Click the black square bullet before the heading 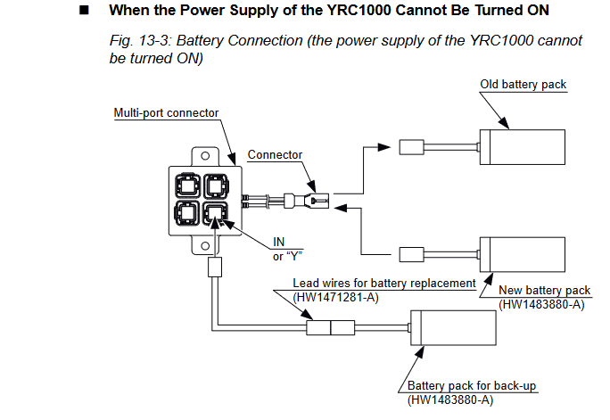[x=85, y=12]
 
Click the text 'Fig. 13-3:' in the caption [x=137, y=41]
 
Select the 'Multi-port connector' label [x=167, y=113]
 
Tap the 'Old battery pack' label [x=523, y=85]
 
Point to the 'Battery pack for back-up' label [x=459, y=386]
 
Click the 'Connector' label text [x=275, y=154]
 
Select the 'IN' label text [x=278, y=242]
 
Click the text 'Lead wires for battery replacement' [x=384, y=284]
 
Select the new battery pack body [x=523, y=253]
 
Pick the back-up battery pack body [x=453, y=328]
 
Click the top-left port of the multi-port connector [x=190, y=186]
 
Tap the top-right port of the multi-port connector [x=217, y=186]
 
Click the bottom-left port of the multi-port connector [x=190, y=215]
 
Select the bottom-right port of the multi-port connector [x=217, y=214]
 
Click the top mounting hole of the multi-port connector [x=203, y=155]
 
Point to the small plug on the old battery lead [x=412, y=146]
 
